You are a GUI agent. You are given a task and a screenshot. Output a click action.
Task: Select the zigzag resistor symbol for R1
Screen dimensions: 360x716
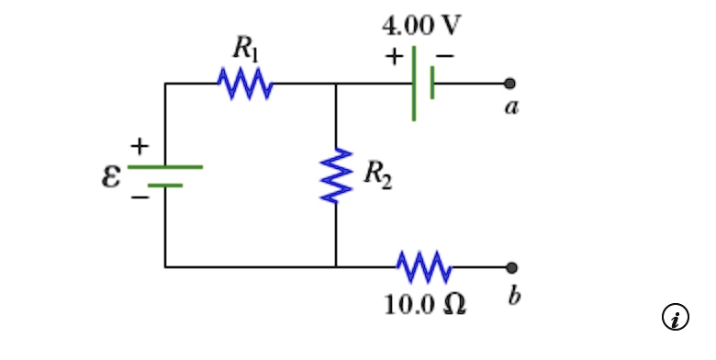click(243, 84)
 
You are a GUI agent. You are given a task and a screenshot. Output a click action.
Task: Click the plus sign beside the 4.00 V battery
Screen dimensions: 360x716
click(394, 57)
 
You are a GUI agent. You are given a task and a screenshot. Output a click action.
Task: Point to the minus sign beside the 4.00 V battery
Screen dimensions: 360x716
click(444, 57)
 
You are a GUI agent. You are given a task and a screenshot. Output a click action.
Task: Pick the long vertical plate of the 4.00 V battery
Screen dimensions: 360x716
click(414, 84)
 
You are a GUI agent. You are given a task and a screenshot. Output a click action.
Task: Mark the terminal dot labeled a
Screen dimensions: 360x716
click(510, 84)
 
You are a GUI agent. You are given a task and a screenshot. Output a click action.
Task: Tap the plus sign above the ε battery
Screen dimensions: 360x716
click(139, 145)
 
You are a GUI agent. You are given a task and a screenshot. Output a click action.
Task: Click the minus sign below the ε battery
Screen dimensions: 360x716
click(138, 197)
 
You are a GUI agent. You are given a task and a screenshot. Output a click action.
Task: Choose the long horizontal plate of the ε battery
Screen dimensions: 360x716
click(165, 167)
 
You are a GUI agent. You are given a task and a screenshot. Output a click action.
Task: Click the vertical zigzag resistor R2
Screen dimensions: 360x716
click(336, 174)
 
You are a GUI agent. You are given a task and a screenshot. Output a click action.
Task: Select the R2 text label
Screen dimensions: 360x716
click(377, 174)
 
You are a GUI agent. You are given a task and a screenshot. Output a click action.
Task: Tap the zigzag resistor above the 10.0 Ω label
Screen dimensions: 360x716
click(423, 267)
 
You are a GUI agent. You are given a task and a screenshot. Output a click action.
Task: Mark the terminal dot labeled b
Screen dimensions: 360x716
click(511, 267)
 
